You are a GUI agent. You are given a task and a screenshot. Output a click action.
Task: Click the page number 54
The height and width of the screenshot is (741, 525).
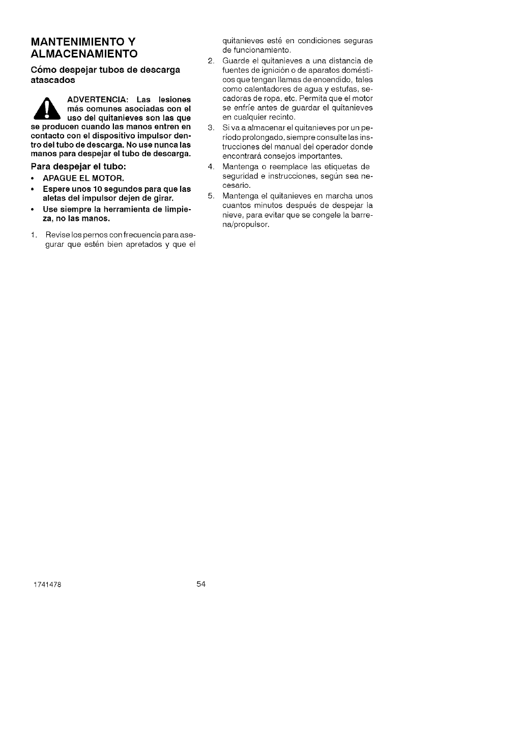tap(200, 584)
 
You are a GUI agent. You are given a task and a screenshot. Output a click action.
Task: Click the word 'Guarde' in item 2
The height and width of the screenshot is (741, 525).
tap(234, 61)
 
